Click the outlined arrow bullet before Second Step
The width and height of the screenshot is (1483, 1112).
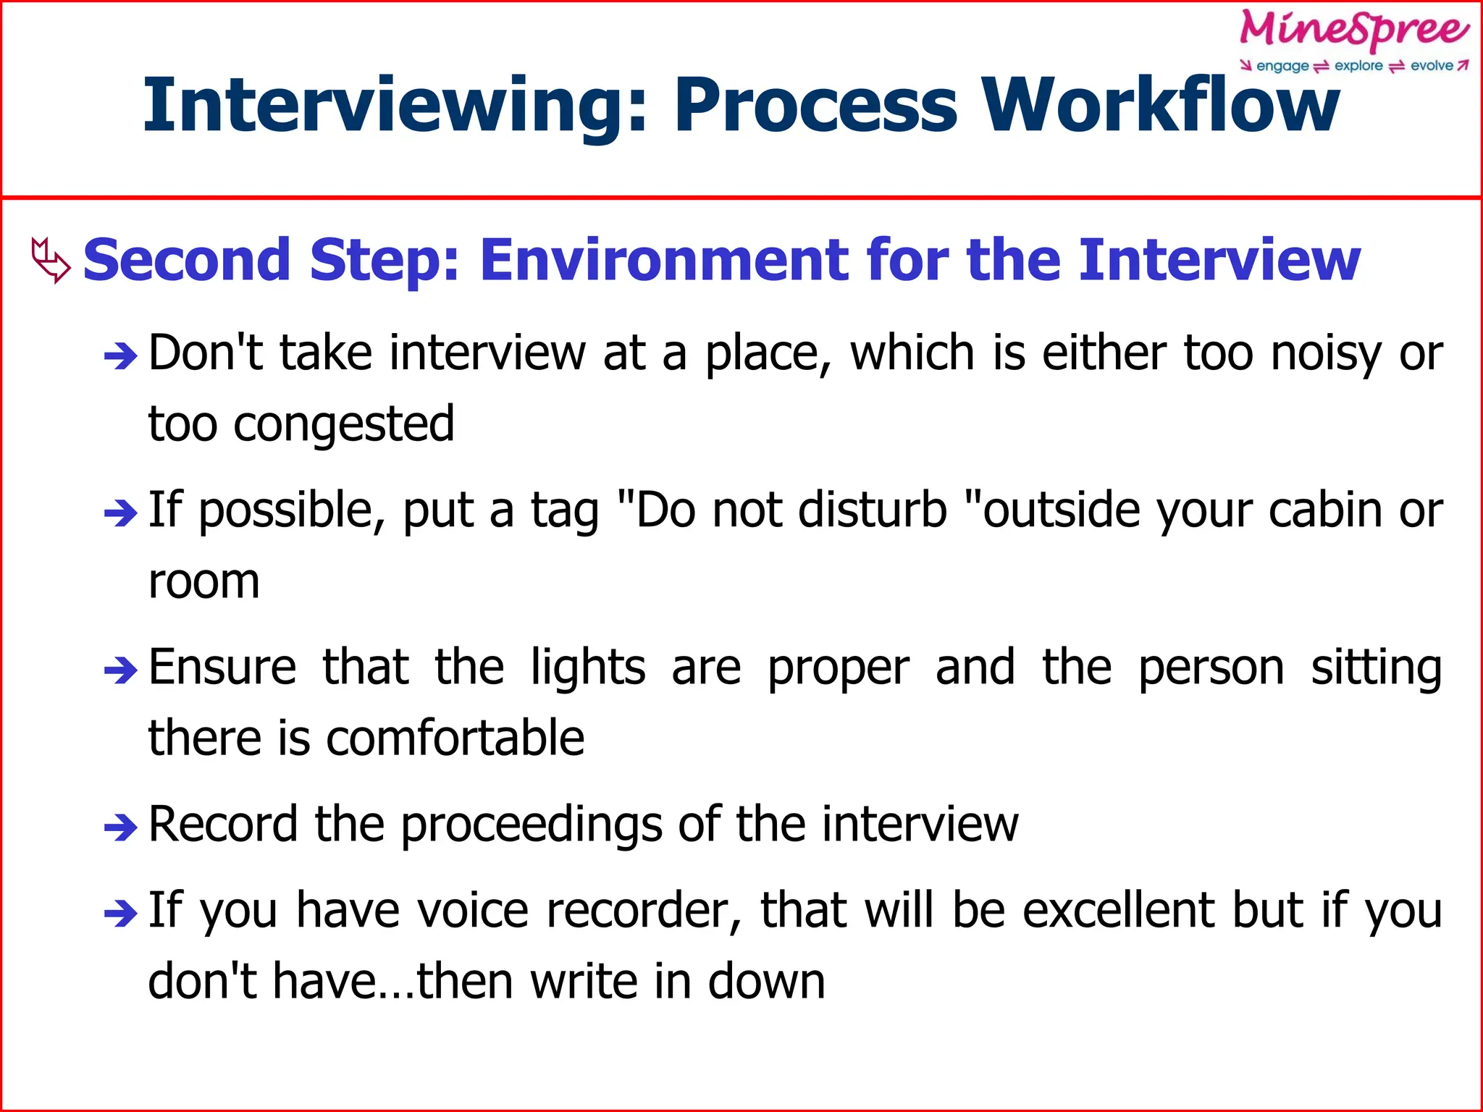coord(51,260)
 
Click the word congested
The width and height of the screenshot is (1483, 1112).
coord(343,424)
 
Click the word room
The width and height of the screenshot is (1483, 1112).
coord(203,581)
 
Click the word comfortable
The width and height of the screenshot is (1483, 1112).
coord(455,738)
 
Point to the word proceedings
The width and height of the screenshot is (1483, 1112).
coord(532,825)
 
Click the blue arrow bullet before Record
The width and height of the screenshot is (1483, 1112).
coord(120,827)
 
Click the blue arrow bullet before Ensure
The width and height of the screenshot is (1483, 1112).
coord(120,670)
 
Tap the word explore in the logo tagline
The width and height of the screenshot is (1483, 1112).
coord(1358,66)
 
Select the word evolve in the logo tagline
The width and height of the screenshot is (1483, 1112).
coord(1432,66)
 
